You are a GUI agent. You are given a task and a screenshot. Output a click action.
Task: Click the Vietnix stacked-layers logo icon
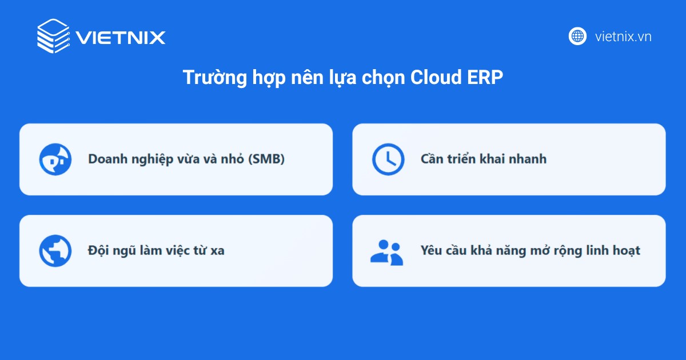[x=53, y=36]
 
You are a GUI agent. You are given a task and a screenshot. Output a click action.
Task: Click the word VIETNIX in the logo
[x=121, y=38]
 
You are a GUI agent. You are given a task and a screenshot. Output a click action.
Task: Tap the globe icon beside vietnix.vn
[x=577, y=36]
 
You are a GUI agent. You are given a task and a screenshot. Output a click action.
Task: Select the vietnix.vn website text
[x=623, y=37]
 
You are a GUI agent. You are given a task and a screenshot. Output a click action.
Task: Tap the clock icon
[x=388, y=159]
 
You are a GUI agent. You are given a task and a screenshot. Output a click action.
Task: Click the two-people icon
[x=386, y=251]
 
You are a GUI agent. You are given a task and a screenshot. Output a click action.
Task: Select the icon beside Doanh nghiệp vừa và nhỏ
[x=55, y=159]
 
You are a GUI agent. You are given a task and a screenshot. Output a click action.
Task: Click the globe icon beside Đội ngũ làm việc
[x=55, y=251]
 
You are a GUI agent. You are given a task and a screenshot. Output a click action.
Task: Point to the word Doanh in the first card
[x=105, y=159]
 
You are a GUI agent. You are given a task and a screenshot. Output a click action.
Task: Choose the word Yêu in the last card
[x=432, y=250]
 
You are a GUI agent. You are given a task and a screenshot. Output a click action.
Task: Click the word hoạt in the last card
[x=625, y=250]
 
